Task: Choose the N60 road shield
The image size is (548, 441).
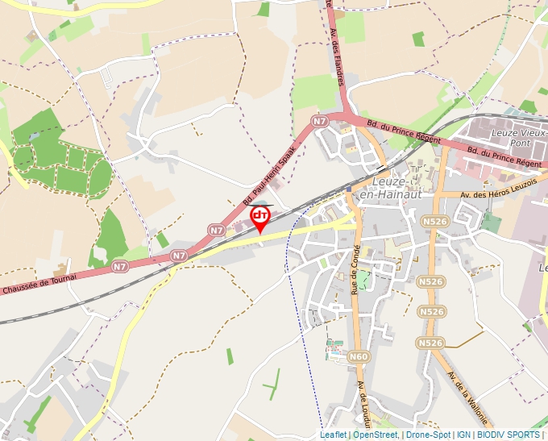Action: tap(359, 356)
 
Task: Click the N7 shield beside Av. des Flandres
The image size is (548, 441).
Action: tap(320, 121)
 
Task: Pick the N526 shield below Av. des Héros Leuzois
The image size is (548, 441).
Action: tap(434, 221)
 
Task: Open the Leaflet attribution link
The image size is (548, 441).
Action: tap(333, 435)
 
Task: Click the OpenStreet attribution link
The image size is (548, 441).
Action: tap(375, 435)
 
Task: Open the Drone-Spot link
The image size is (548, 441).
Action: tap(428, 435)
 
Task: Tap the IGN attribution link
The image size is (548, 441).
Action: tap(464, 435)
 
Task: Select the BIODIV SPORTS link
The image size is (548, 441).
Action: tap(509, 435)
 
